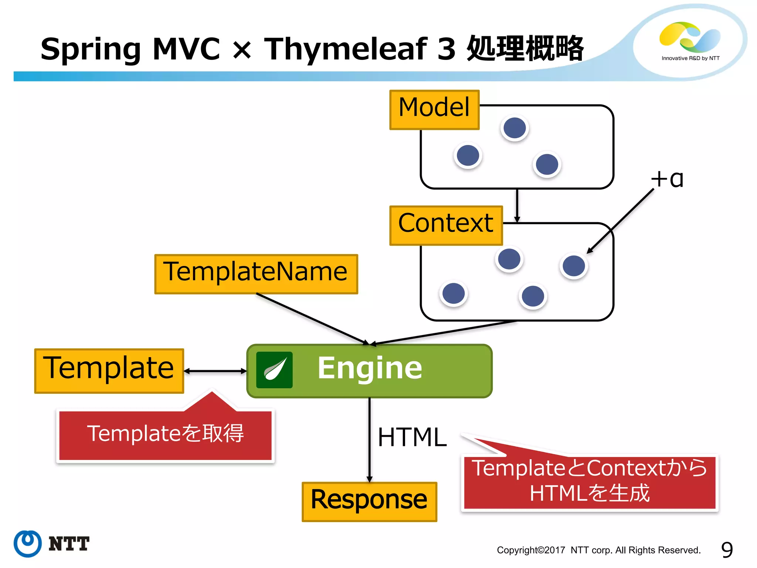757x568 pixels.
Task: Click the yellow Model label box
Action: [434, 110]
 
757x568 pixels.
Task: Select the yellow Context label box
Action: [446, 225]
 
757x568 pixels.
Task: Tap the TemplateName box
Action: [256, 274]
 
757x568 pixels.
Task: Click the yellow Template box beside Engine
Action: [109, 371]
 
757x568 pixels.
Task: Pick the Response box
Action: [369, 501]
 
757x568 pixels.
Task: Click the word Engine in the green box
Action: [370, 368]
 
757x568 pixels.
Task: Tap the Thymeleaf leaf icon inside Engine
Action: [274, 370]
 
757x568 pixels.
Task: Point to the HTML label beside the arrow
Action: [412, 437]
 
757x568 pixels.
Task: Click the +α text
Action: [667, 179]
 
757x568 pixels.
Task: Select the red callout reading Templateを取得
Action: [165, 435]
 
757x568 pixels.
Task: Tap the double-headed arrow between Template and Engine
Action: [215, 371]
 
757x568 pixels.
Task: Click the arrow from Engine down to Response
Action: [369, 440]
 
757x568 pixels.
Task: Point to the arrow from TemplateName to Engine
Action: [310, 319]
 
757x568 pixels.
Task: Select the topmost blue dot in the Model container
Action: [515, 128]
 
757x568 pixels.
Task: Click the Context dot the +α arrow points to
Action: [574, 266]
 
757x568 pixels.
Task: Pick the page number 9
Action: [727, 550]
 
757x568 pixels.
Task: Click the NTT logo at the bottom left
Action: [52, 544]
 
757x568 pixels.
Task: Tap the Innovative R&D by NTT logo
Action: [690, 41]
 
